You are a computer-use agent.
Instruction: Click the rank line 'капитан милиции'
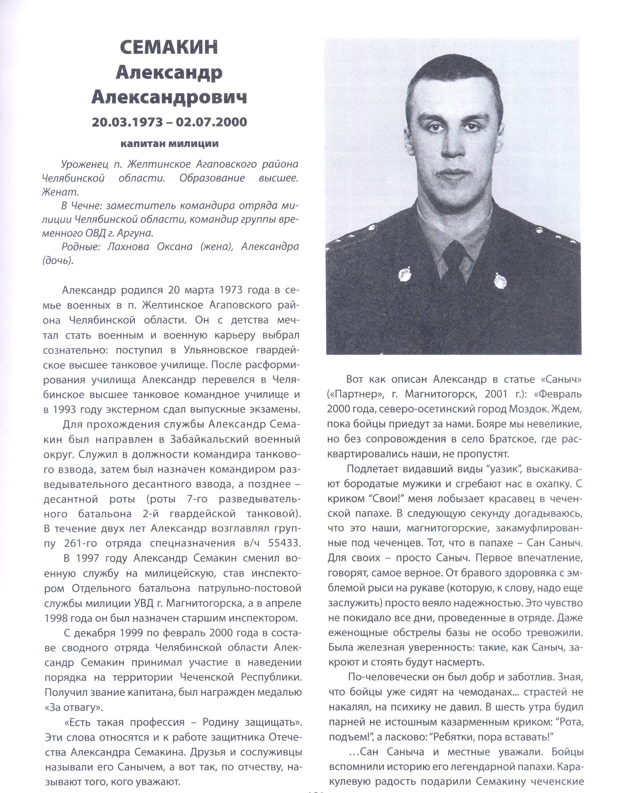(x=170, y=143)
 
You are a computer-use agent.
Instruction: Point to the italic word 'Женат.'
(x=60, y=192)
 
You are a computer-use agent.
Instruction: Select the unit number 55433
(x=284, y=543)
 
